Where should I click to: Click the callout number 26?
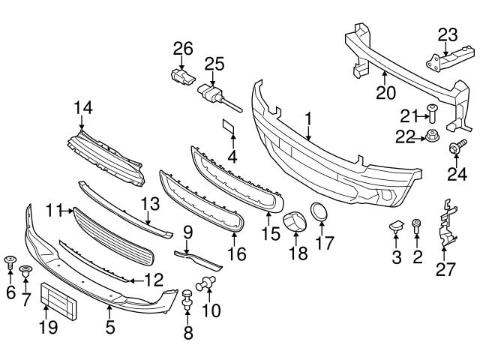(183, 50)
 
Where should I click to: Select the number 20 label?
(384, 92)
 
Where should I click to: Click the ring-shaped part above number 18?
(292, 223)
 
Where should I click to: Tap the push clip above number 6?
(10, 261)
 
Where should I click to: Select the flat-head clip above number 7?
(26, 271)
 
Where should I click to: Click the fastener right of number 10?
(205, 283)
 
